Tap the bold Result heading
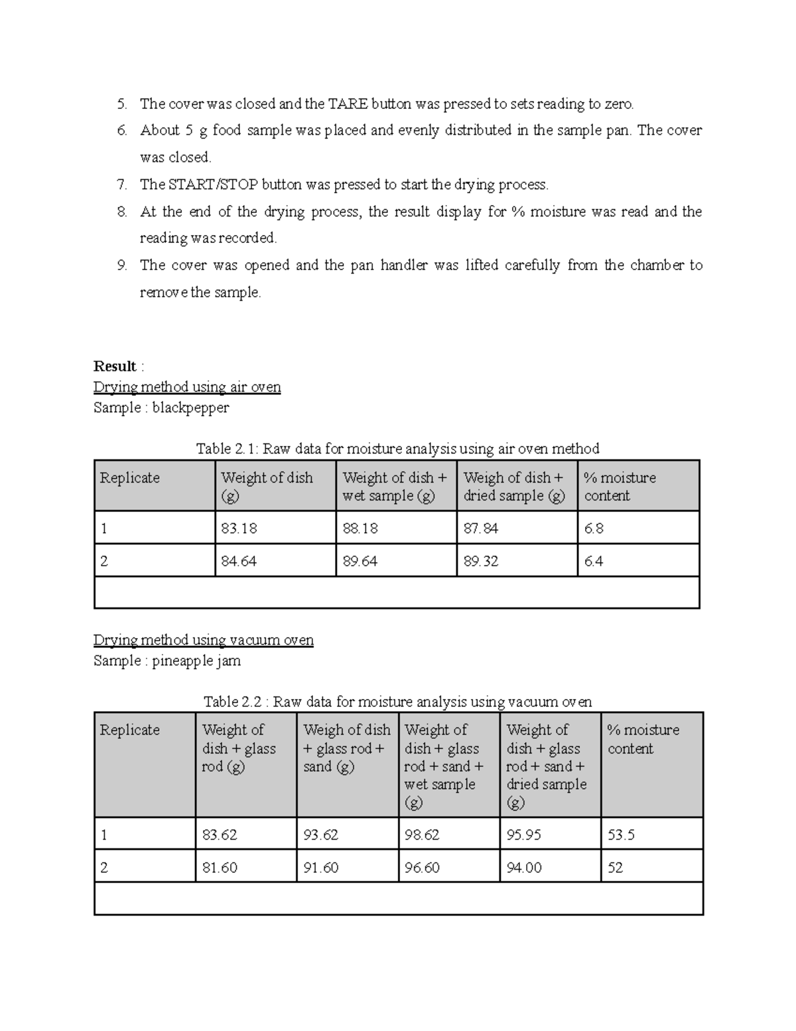pyautogui.click(x=115, y=366)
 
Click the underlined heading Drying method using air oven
pyautogui.click(x=187, y=387)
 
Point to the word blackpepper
pyautogui.click(x=190, y=408)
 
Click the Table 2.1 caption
pyautogui.click(x=397, y=449)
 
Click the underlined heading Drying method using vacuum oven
pyautogui.click(x=204, y=640)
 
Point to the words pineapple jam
pyautogui.click(x=196, y=661)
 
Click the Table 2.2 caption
pyautogui.click(x=397, y=702)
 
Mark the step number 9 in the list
pyautogui.click(x=121, y=266)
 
